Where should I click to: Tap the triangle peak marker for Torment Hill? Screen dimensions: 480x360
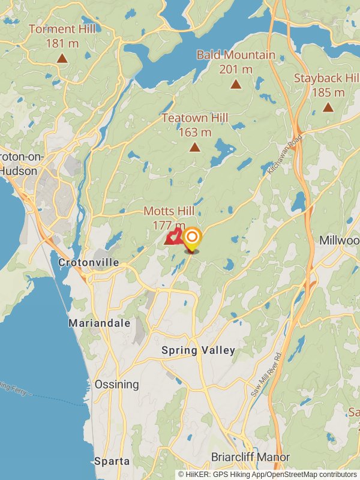pyautogui.click(x=61, y=58)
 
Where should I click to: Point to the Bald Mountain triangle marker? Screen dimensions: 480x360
pyautogui.click(x=236, y=85)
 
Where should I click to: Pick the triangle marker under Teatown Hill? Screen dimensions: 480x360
pyautogui.click(x=194, y=147)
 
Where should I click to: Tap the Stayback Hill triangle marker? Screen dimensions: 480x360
pyautogui.click(x=328, y=107)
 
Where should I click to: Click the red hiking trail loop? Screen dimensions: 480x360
pyautogui.click(x=173, y=237)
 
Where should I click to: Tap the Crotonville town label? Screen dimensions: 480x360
pyautogui.click(x=88, y=263)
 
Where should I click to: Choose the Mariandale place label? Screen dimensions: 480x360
pyautogui.click(x=99, y=323)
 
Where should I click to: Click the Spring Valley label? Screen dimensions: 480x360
pyautogui.click(x=198, y=350)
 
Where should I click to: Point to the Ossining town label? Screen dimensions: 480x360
pyautogui.click(x=116, y=384)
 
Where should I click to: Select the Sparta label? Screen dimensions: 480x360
pyautogui.click(x=112, y=461)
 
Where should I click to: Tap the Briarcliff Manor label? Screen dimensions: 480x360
pyautogui.click(x=250, y=457)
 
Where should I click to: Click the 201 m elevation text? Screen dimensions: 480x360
pyautogui.click(x=236, y=69)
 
